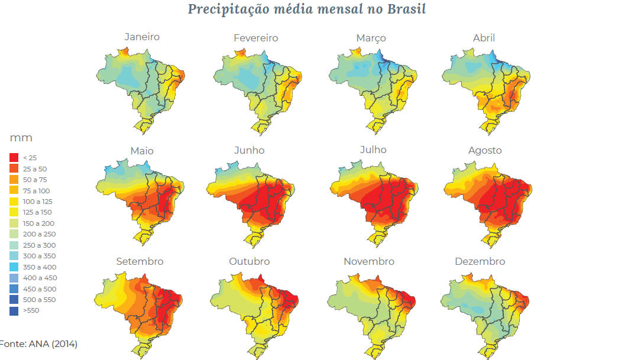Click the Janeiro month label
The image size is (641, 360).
(142, 37)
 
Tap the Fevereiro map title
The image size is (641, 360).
(255, 38)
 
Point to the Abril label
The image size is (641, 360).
(484, 38)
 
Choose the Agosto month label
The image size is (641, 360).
(485, 150)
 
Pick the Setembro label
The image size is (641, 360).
(140, 261)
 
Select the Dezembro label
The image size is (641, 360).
(480, 261)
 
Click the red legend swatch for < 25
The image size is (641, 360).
(14, 158)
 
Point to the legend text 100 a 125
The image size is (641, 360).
(37, 202)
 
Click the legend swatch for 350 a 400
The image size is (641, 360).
(14, 267)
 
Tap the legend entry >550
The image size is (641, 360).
(31, 310)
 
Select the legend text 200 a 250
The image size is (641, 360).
(38, 234)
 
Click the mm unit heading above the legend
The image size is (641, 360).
(21, 138)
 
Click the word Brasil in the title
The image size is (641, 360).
(405, 9)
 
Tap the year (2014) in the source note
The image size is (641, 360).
(64, 343)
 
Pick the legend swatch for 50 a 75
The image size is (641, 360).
(14, 180)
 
